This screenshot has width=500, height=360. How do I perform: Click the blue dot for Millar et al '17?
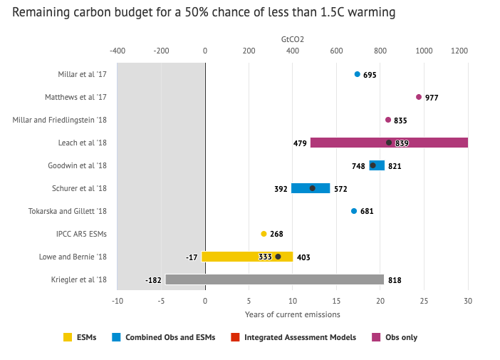(358, 74)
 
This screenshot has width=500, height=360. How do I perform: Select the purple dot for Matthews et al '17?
(419, 97)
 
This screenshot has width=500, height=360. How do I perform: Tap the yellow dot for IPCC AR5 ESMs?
(264, 234)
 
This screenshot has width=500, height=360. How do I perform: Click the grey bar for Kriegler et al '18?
(274, 279)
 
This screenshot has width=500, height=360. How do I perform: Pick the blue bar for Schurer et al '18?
(311, 188)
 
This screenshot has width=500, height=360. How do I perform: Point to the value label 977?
(432, 98)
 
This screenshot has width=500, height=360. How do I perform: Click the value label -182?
(153, 280)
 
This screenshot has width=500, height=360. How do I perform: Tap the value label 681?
(367, 212)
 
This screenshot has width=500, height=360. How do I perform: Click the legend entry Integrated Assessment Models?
(300, 337)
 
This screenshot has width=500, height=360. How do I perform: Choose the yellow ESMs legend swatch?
(68, 337)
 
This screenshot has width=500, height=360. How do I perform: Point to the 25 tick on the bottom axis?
(424, 301)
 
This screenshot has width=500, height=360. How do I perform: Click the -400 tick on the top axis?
(118, 51)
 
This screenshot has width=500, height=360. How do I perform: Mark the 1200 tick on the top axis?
(459, 51)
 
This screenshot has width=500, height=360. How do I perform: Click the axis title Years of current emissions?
(293, 314)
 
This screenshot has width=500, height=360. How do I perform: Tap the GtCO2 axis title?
(293, 39)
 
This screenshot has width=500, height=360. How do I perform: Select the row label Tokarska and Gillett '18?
(68, 211)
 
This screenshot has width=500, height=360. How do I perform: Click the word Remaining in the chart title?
(40, 13)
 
